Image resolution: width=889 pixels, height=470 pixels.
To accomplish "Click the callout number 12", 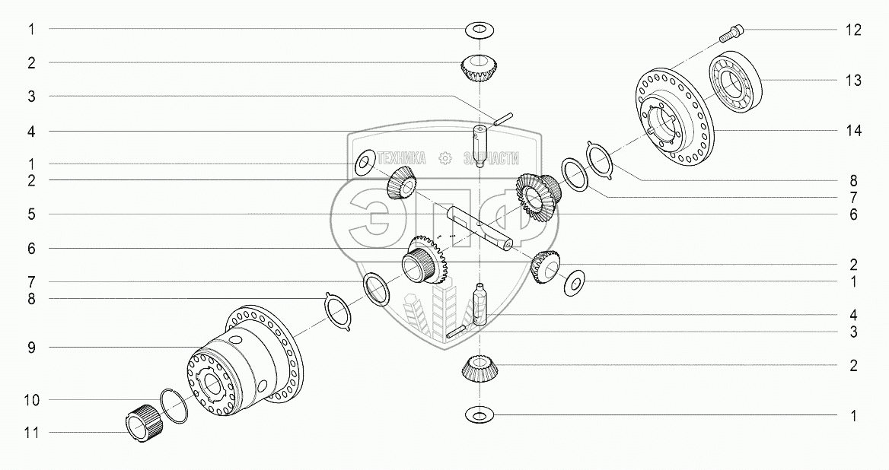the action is point(853,30).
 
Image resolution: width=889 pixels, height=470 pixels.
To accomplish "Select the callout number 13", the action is point(853,81).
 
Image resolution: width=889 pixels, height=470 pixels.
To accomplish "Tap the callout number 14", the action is point(853,131).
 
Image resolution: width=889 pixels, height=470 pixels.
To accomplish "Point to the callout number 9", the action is point(32,347).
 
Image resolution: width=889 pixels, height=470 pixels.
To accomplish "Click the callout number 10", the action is point(32,400).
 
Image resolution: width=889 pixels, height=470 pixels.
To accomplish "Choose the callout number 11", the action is point(32,433).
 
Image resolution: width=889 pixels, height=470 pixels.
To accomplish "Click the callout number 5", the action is point(32,214).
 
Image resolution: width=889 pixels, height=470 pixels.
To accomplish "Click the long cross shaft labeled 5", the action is point(480,228).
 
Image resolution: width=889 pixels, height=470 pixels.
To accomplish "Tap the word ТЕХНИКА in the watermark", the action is point(401,158).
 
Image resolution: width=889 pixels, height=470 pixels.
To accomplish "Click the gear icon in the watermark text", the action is point(445,158).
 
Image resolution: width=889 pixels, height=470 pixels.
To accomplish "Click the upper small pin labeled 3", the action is point(503,118).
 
